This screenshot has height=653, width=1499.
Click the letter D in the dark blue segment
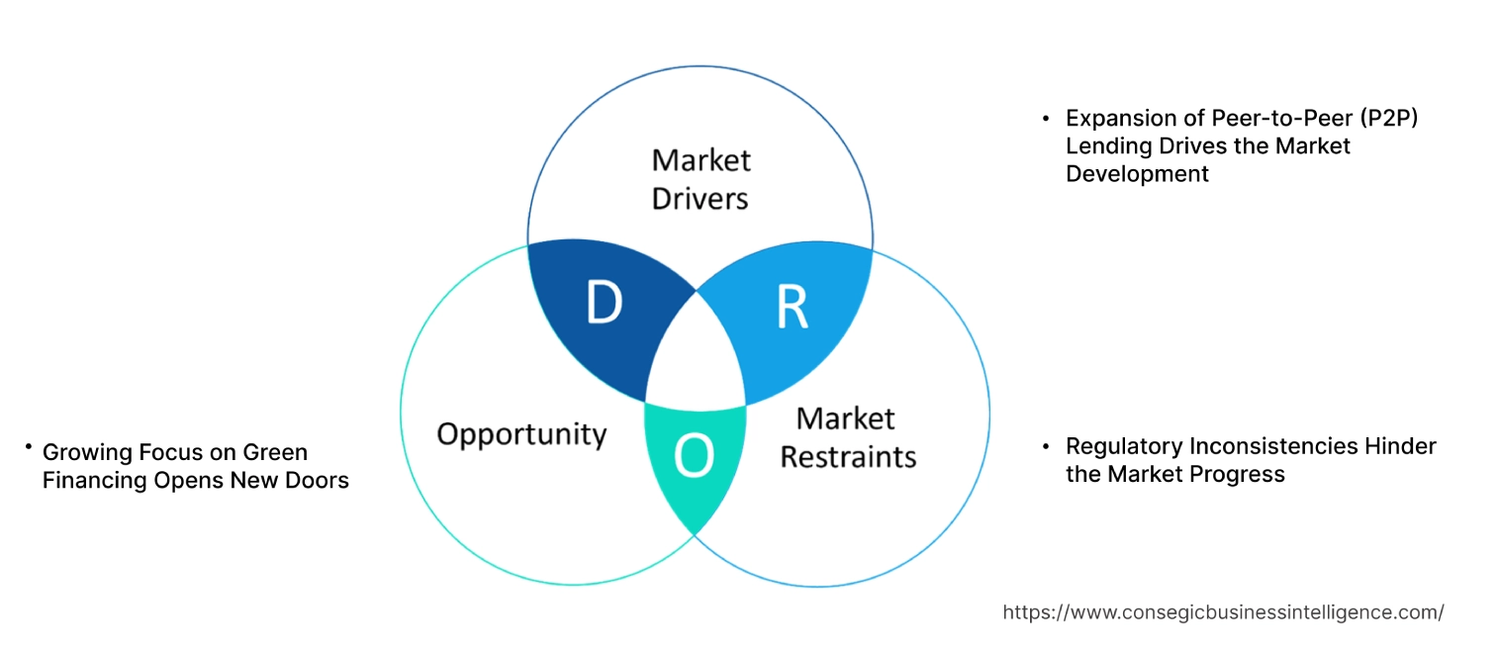click(604, 304)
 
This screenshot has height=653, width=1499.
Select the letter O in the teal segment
click(694, 456)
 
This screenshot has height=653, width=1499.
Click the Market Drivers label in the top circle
click(701, 179)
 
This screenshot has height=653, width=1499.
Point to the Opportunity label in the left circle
click(521, 433)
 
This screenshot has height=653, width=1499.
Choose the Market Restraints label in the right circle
click(848, 437)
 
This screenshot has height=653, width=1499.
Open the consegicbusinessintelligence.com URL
click(1223, 612)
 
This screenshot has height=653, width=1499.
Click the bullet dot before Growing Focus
click(29, 448)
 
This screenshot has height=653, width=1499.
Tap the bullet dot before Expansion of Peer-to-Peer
click(1046, 118)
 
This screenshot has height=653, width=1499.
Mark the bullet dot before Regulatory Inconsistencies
click(1046, 446)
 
